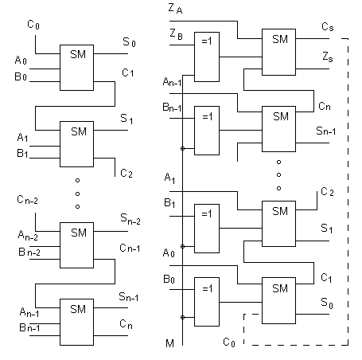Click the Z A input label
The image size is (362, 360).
175,9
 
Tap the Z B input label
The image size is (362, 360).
176,34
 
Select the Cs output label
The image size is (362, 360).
328,27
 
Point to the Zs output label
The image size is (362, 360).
328,57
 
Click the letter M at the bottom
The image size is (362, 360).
169,343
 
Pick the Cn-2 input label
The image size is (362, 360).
27,200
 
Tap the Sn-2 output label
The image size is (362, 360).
130,219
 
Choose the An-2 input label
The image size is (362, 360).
28,236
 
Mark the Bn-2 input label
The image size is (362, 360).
29,252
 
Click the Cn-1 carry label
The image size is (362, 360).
130,248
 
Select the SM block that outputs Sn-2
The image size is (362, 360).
76,245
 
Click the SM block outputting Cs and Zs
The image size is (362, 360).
278,52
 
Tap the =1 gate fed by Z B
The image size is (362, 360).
207,57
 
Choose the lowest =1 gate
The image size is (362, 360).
207,302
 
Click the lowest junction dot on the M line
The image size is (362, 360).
182,317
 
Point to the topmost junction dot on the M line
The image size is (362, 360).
182,149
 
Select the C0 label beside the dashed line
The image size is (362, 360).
229,342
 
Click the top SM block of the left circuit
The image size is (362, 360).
76,68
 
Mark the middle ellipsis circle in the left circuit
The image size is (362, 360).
77,194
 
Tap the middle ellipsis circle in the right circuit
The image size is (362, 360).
278,174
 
